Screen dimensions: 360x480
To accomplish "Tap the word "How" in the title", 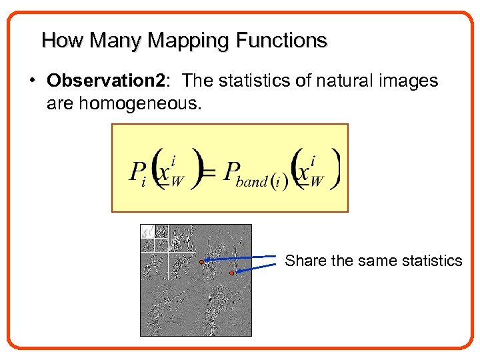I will tap(63, 41).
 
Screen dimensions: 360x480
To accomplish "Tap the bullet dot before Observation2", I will tap(33, 81).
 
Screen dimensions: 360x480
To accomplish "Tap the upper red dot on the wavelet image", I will tap(202, 262).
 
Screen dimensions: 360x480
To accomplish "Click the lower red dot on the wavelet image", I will tap(231, 273).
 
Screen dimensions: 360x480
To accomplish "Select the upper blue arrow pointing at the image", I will tap(240, 259).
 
